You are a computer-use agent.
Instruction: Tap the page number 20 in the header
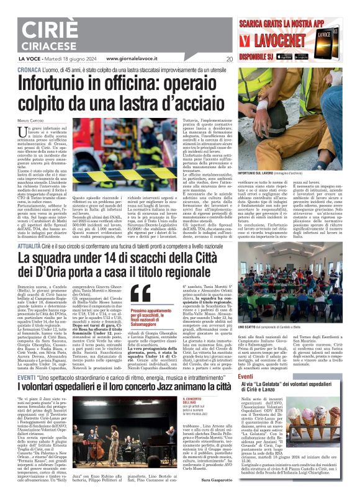pyautogui.click(x=230, y=59)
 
